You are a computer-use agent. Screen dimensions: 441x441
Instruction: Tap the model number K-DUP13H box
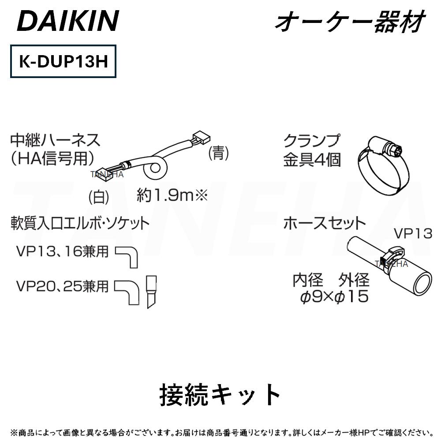63,61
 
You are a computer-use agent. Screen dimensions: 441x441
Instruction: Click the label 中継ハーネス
56,141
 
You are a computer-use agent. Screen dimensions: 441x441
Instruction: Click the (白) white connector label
98,196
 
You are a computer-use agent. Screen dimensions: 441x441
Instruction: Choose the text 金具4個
312,160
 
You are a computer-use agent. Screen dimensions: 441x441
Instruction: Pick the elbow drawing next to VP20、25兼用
128,291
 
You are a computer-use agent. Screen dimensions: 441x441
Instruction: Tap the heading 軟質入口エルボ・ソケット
80,223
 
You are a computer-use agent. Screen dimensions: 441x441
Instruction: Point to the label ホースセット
325,223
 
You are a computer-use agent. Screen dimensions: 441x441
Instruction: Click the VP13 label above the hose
413,233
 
